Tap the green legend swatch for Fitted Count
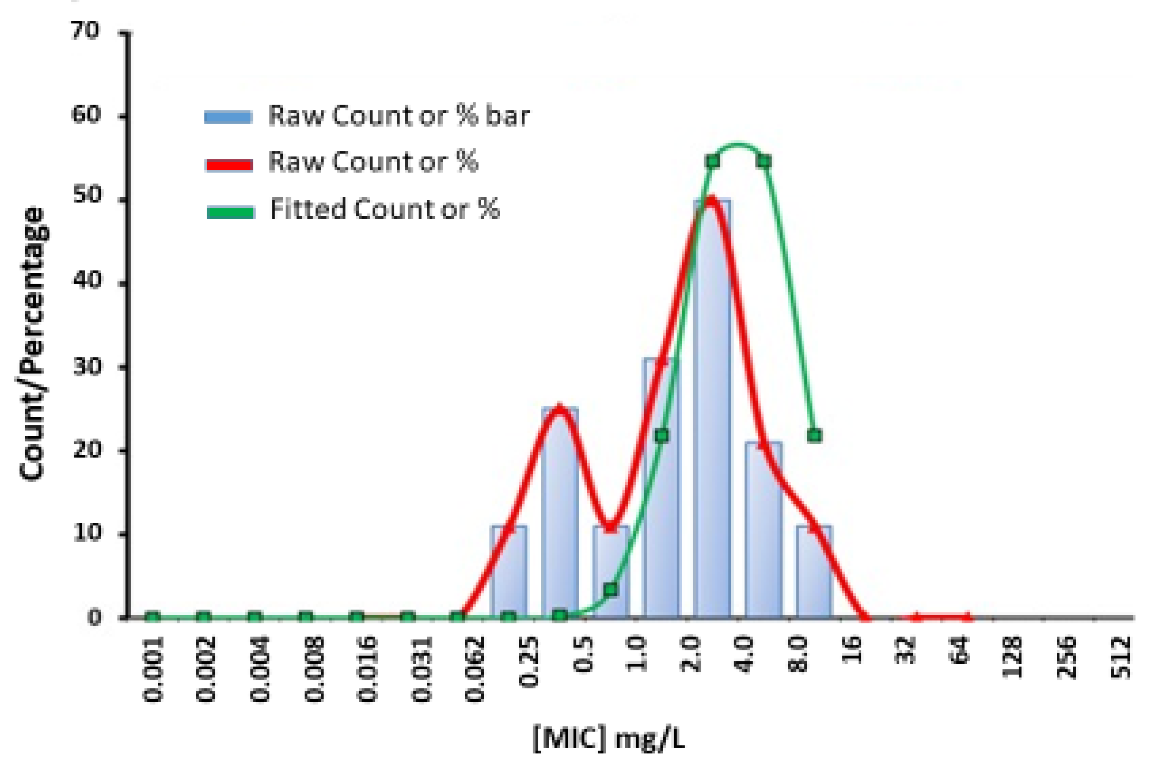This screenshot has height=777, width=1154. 230,213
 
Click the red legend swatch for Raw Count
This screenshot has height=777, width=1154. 229,165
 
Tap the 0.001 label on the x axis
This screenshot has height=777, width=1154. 153,669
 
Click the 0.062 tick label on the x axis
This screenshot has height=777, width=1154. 474,669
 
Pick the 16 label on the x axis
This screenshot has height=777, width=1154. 852,650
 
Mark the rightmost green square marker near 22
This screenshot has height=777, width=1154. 815,435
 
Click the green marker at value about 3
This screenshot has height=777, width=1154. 611,590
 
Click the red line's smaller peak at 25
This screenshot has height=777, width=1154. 559,408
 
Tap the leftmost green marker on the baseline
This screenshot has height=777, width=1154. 153,617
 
